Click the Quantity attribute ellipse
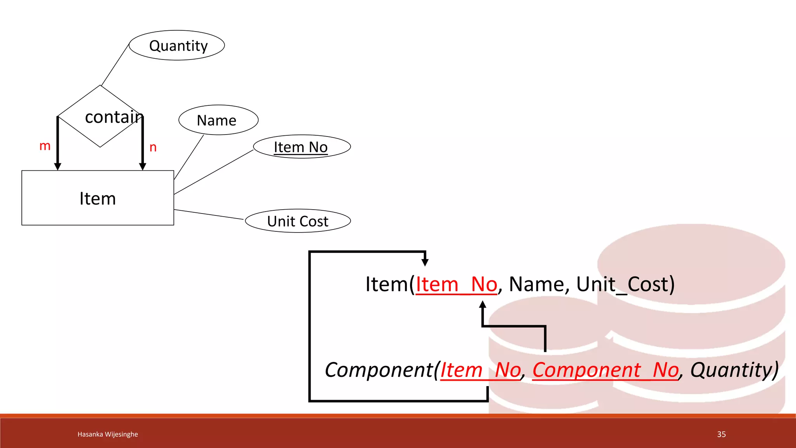click(177, 45)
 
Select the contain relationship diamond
click(100, 116)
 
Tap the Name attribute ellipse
click(218, 120)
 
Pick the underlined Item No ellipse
click(302, 147)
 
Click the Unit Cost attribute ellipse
click(298, 221)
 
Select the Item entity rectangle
click(98, 198)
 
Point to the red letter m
click(45, 146)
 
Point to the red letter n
click(153, 147)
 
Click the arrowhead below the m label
click(58, 166)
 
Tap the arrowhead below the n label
click(143, 166)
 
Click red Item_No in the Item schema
click(456, 284)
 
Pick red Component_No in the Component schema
click(605, 370)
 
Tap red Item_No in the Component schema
click(480, 370)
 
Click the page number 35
click(721, 434)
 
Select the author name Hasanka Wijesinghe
click(108, 434)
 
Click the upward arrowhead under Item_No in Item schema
click(483, 304)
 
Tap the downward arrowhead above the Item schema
click(425, 262)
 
